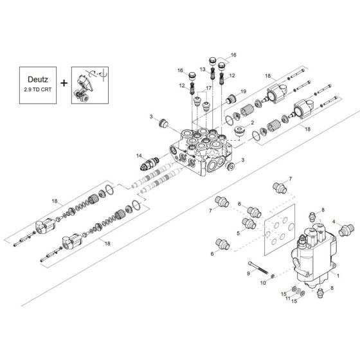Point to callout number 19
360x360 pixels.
[x=244, y=92]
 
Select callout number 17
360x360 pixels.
[x=208, y=88]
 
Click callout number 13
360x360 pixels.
[x=202, y=68]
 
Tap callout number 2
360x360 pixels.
[x=253, y=122]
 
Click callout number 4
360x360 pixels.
[x=334, y=222]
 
